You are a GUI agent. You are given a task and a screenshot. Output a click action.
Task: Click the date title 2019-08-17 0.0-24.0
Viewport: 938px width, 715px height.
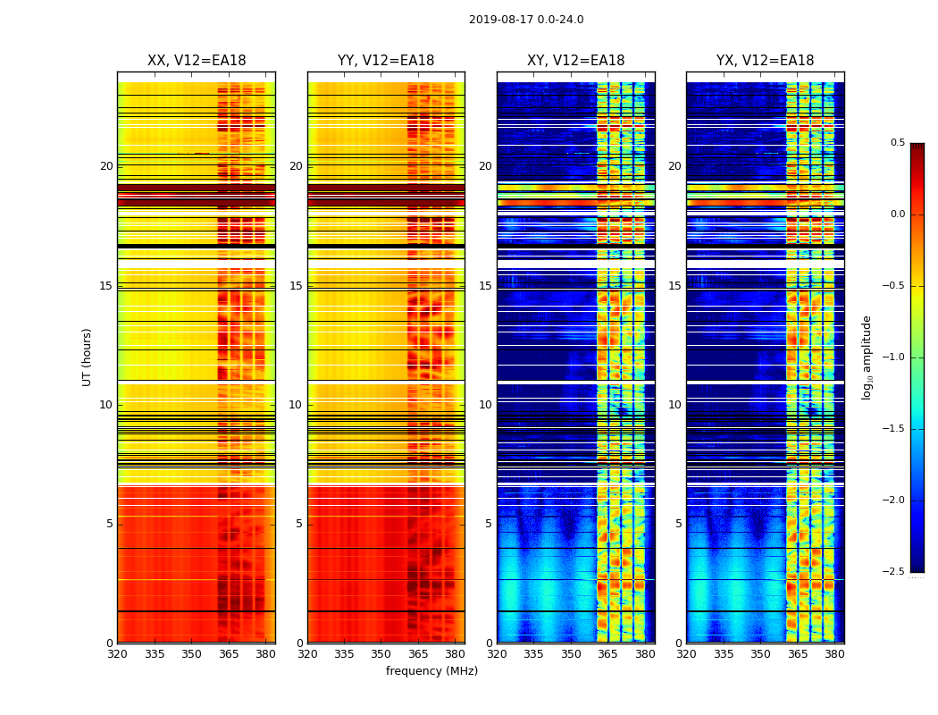tap(526, 20)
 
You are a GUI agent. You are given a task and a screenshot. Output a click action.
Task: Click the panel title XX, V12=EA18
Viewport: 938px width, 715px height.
tap(197, 61)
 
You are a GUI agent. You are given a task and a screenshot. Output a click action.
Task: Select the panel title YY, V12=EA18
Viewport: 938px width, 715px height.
tap(386, 61)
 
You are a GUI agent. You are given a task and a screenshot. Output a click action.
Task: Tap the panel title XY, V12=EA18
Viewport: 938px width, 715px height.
tap(575, 61)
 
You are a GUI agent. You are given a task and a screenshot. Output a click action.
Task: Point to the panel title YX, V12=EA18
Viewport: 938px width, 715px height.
tap(765, 61)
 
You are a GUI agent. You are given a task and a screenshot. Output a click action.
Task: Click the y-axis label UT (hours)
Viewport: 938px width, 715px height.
tap(88, 357)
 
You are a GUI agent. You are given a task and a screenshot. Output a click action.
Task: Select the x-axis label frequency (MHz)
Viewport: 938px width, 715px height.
tap(431, 671)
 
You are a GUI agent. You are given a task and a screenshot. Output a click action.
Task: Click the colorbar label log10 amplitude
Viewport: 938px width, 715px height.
tap(867, 357)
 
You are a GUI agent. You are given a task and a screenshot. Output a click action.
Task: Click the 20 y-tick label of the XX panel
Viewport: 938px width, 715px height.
tap(106, 166)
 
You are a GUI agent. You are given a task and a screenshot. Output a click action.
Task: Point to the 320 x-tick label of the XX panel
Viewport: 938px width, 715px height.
tap(117, 654)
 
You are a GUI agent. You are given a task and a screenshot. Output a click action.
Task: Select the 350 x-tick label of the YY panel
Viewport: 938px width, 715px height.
tap(381, 654)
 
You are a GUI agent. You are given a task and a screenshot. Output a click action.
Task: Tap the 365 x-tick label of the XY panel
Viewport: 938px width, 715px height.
tap(607, 654)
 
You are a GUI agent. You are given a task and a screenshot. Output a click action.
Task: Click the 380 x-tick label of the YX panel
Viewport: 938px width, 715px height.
tap(834, 654)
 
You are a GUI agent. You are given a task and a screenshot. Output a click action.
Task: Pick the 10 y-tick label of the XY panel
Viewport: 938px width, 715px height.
tap(486, 405)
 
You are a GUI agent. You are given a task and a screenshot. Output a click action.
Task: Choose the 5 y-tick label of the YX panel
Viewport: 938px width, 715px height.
tap(679, 524)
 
